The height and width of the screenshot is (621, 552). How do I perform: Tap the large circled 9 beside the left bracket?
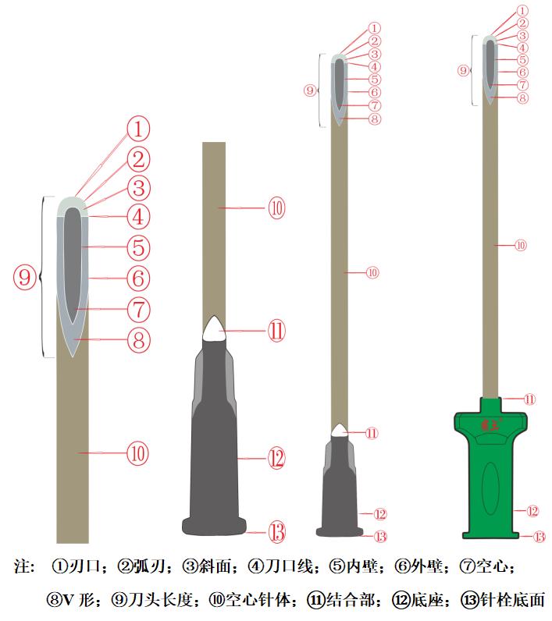26,276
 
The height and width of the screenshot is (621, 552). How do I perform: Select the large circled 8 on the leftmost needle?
138,340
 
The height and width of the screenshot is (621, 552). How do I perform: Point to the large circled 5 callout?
138,248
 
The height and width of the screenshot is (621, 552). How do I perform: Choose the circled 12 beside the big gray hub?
276,459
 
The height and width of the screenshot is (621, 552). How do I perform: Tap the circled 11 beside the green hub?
530,399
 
